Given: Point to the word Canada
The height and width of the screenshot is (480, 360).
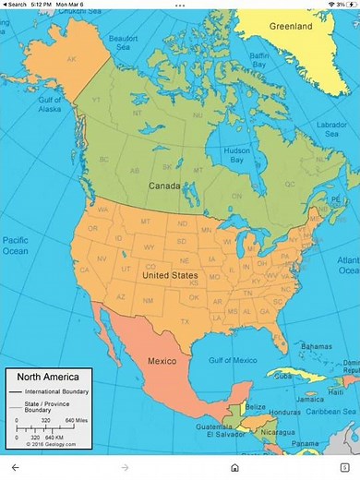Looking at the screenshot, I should click(x=164, y=186).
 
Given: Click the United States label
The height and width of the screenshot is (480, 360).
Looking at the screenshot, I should click(x=170, y=275).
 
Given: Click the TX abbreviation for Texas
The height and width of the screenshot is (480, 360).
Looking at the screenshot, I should click(x=185, y=321).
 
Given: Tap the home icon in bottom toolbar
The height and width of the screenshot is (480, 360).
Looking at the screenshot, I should click(x=235, y=468).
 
